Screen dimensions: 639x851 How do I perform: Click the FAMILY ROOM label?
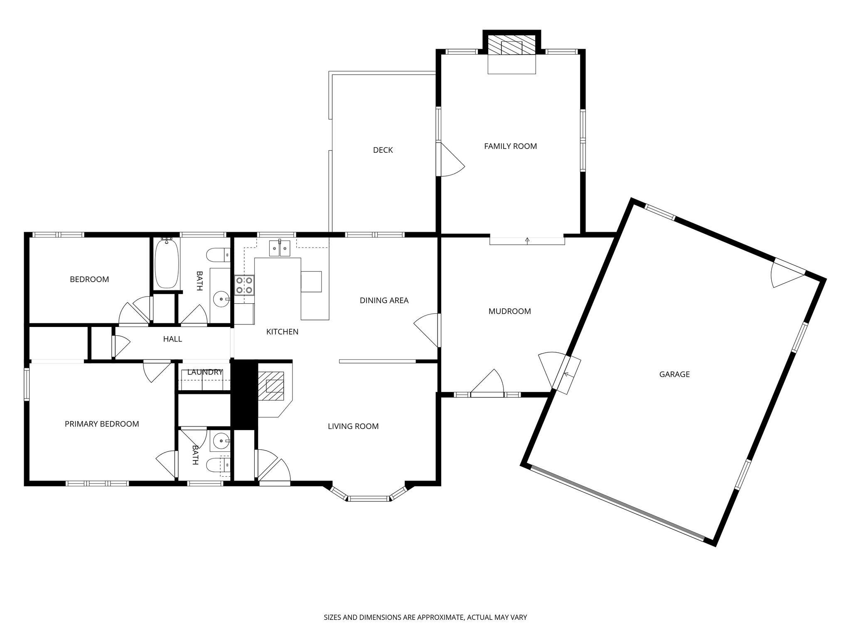[510, 146]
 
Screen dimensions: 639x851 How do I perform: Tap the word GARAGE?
[674, 374]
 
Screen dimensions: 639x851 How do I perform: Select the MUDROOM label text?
[509, 311]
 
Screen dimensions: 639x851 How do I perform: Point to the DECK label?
[383, 150]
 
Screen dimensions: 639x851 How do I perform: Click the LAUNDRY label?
[205, 372]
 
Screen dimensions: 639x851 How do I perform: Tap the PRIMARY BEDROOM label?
[102, 424]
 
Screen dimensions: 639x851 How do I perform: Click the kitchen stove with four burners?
[244, 285]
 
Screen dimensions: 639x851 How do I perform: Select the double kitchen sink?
[280, 249]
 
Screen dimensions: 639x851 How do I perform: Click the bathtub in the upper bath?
[167, 263]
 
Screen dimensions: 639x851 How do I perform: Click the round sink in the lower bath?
[220, 440]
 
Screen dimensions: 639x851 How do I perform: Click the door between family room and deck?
[451, 160]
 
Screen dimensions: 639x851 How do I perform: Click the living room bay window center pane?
[369, 498]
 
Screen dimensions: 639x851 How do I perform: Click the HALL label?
[172, 339]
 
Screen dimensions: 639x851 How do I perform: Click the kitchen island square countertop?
[311, 282]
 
